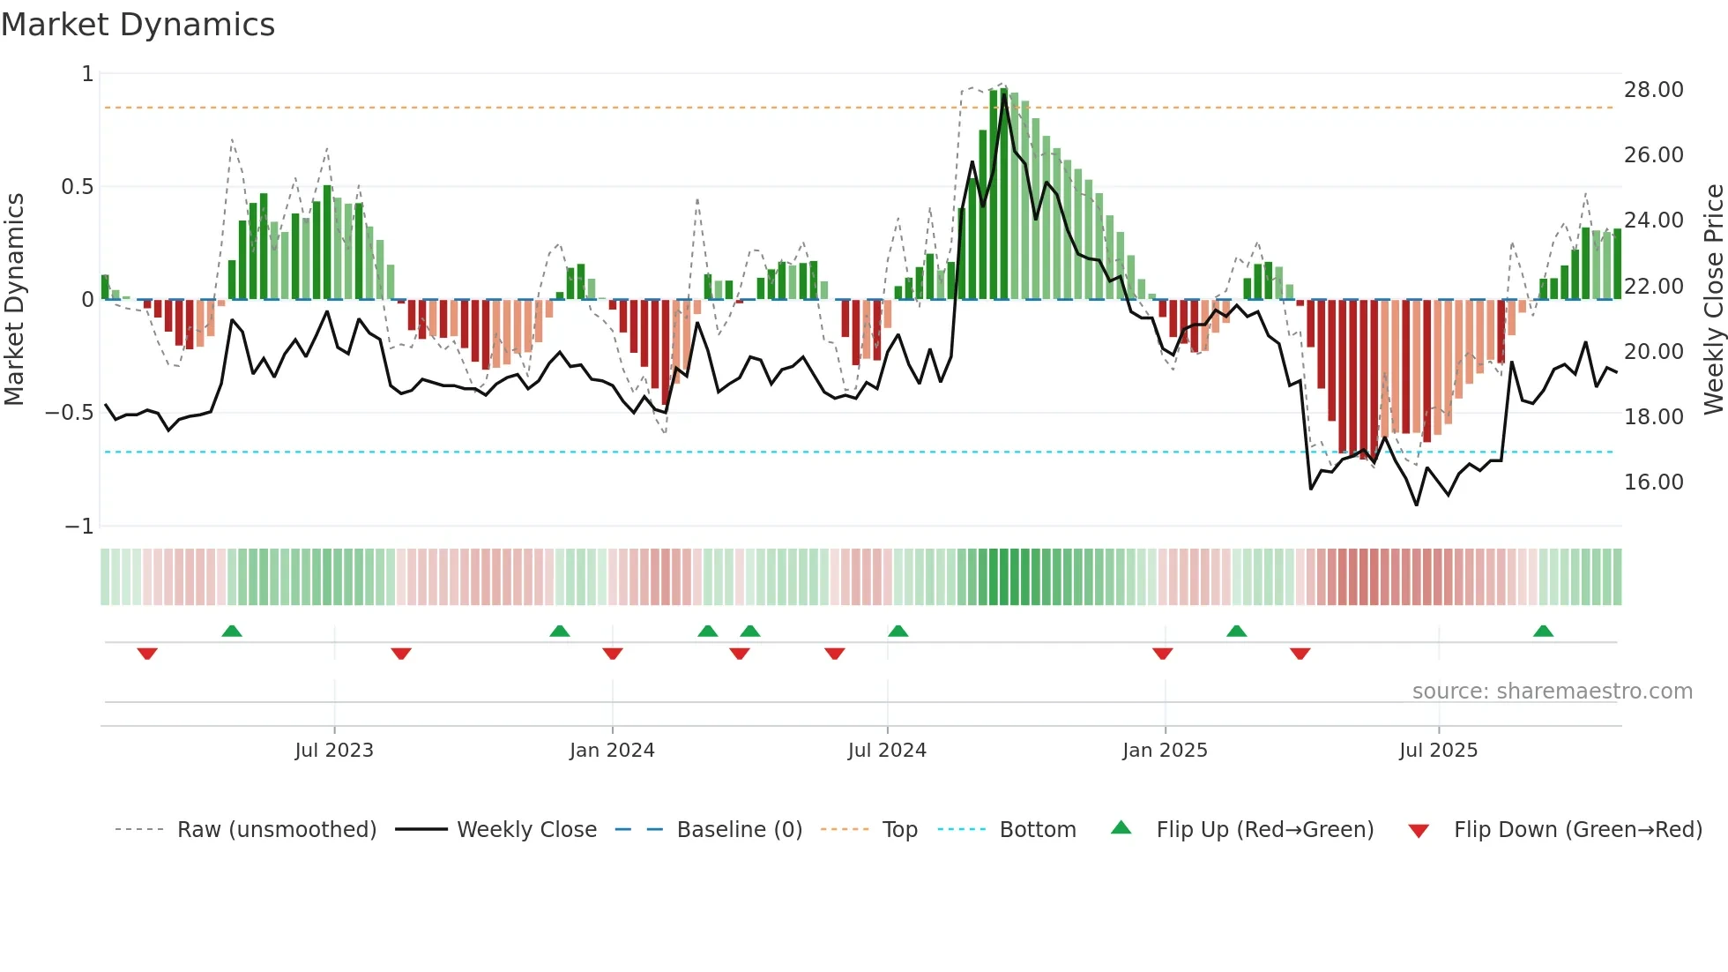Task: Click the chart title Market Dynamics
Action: (x=138, y=25)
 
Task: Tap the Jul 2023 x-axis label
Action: (x=334, y=751)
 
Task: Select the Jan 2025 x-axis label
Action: (x=1165, y=751)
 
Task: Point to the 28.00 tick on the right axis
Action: (x=1653, y=90)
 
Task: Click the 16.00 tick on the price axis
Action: (x=1653, y=482)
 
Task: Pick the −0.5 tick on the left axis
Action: (x=70, y=413)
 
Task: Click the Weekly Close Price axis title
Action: (x=1713, y=299)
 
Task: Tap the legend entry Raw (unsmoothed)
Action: (x=276, y=830)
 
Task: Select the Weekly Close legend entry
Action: (x=526, y=830)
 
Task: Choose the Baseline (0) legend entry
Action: (x=739, y=830)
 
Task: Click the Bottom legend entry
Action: (x=1037, y=830)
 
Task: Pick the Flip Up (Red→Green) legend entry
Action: (x=1264, y=830)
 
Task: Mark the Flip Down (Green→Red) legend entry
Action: (x=1577, y=830)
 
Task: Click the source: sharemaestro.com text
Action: (x=1552, y=692)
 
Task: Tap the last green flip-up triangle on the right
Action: (x=1543, y=632)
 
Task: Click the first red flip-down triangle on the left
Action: (x=147, y=654)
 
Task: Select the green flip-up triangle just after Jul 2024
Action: (x=898, y=632)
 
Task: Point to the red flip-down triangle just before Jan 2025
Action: (x=1162, y=654)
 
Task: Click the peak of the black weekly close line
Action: (x=1004, y=95)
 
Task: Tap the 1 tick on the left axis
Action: (x=87, y=74)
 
